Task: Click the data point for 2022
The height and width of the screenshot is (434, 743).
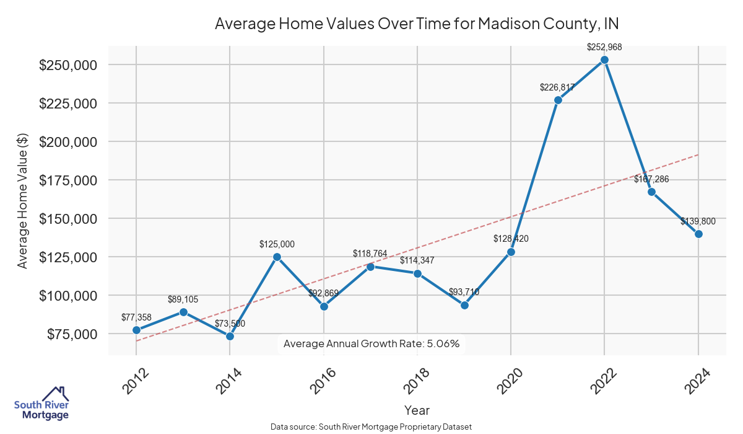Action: (604, 60)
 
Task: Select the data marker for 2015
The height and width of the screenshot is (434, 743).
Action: (277, 257)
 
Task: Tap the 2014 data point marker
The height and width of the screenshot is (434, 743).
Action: (230, 336)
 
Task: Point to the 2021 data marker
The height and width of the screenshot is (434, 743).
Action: (558, 100)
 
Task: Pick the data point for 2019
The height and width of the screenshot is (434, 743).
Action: (464, 305)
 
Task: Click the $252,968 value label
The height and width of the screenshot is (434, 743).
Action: (604, 47)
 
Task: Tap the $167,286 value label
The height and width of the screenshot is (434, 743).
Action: (651, 179)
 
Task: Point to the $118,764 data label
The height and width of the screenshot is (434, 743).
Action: (370, 254)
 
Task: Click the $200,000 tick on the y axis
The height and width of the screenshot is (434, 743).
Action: (68, 142)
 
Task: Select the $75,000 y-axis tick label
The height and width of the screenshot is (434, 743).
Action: (71, 334)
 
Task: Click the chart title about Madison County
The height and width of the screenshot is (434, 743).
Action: (417, 24)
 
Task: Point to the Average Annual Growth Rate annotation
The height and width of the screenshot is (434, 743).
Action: (371, 343)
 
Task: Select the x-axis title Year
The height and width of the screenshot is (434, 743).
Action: (417, 410)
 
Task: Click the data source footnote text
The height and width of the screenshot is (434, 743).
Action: (371, 427)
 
